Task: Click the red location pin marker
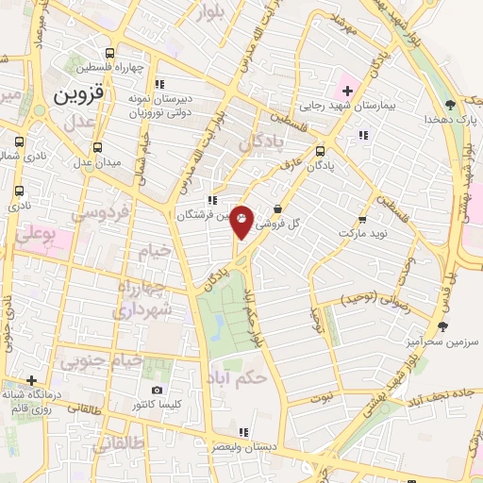pyautogui.click(x=242, y=221)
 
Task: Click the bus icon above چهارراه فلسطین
pyautogui.click(x=110, y=54)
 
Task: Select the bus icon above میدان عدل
pyautogui.click(x=97, y=146)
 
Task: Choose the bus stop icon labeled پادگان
pyautogui.click(x=320, y=149)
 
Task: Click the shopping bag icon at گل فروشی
pyautogui.click(x=277, y=209)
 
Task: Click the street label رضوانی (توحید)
pyautogui.click(x=372, y=299)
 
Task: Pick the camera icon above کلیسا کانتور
pyautogui.click(x=157, y=391)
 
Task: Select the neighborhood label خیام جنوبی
pyautogui.click(x=101, y=360)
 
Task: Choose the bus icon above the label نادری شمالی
pyautogui.click(x=17, y=143)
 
